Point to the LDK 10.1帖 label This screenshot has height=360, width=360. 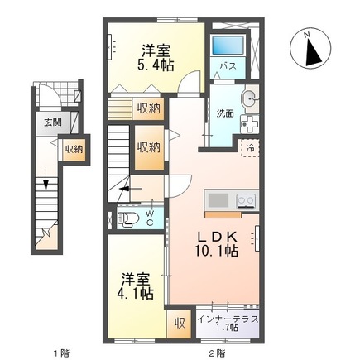(x=217, y=243)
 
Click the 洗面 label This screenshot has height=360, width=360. (x=226, y=114)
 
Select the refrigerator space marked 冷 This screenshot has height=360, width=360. (x=250, y=148)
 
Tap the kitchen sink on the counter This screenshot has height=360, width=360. (x=218, y=199)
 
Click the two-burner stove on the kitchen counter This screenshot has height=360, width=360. (x=245, y=199)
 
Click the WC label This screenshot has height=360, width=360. (x=150, y=218)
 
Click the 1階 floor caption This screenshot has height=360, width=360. (x=61, y=353)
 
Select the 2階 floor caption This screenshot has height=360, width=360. (x=217, y=353)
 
